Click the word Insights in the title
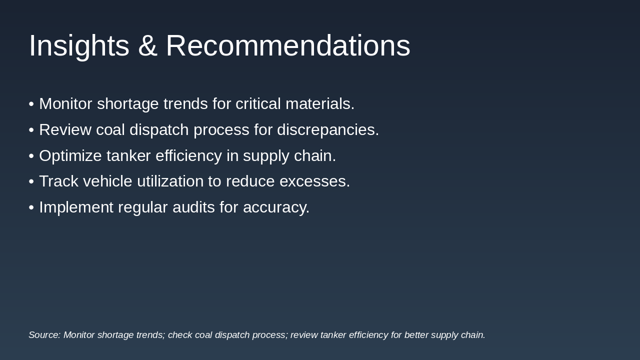tap(79, 46)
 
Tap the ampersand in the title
tap(147, 46)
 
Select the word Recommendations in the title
tap(288, 46)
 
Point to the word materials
tap(320, 104)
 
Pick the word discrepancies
tap(328, 130)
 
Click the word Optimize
tap(70, 156)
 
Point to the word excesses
tap(315, 181)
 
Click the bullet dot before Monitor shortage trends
tap(31, 104)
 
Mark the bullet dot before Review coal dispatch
tap(31, 130)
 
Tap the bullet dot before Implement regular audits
tap(31, 208)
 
